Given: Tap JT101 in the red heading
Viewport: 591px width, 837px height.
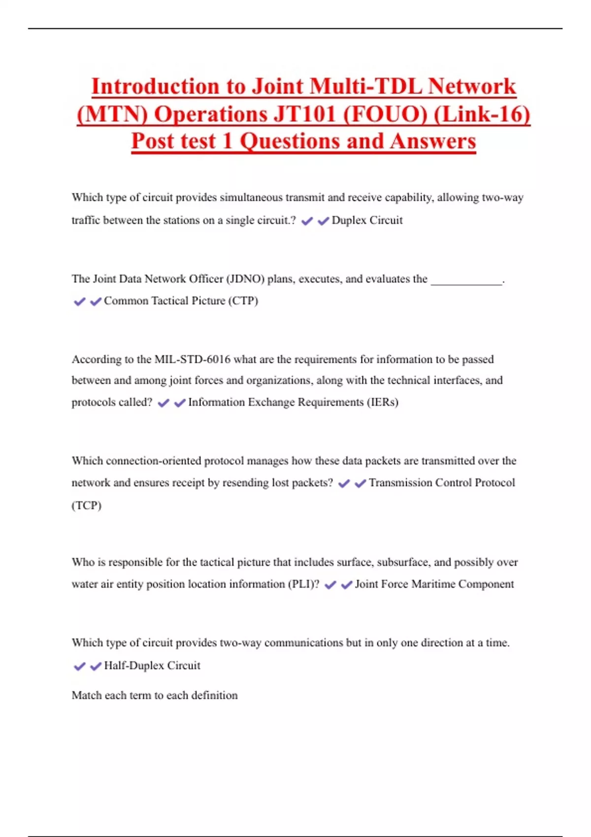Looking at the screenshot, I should (x=304, y=114).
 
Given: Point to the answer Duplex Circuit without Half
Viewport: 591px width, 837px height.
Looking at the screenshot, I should (x=367, y=220).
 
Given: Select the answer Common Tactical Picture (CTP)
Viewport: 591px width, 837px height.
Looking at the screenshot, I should (x=181, y=301).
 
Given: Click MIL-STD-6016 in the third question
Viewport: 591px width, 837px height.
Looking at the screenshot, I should (x=192, y=359).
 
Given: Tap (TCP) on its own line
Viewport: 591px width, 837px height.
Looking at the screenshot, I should (x=87, y=506).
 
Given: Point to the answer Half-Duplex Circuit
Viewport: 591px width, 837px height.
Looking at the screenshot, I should (x=152, y=666).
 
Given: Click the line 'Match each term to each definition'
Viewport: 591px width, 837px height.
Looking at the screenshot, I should (x=155, y=695).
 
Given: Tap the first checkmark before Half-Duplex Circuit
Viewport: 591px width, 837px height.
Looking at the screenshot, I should (x=79, y=667).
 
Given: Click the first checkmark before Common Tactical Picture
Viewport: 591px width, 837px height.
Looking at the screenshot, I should (x=79, y=301).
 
